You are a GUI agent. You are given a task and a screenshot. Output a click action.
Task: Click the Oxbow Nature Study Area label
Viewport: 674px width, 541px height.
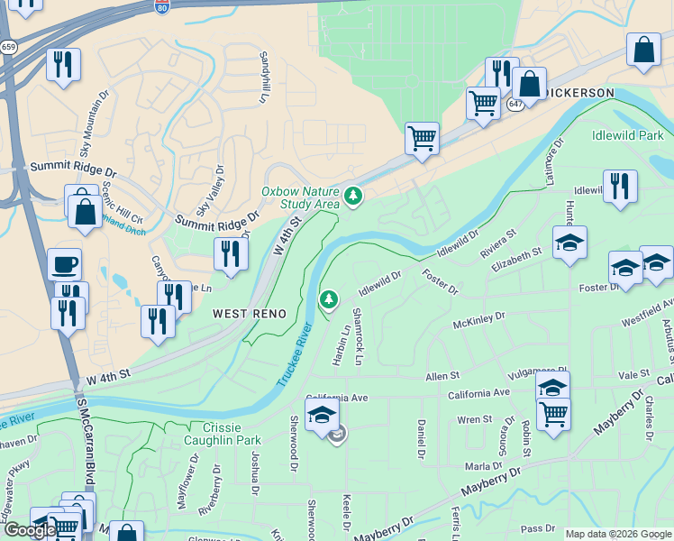300,197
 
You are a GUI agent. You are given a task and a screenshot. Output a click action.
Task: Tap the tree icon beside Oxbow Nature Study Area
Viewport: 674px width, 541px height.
353,195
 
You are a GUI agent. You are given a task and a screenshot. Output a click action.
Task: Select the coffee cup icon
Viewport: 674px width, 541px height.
64,265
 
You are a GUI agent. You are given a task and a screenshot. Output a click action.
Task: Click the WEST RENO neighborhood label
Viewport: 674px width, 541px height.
250,314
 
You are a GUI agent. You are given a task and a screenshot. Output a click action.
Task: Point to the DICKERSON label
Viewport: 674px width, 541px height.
579,93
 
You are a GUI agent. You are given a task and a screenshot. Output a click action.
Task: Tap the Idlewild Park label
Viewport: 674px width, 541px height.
627,135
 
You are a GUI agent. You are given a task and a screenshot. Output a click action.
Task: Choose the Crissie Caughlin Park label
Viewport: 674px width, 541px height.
223,434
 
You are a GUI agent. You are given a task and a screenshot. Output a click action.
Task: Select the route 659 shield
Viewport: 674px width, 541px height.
8,47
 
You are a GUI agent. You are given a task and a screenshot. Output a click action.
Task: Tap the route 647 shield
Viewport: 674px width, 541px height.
515,104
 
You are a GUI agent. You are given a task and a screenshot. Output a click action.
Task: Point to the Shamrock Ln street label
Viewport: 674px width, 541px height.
357,335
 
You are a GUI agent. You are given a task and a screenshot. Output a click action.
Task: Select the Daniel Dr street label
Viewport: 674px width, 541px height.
421,438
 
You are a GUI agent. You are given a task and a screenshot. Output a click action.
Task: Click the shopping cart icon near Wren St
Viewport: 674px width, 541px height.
553,415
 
